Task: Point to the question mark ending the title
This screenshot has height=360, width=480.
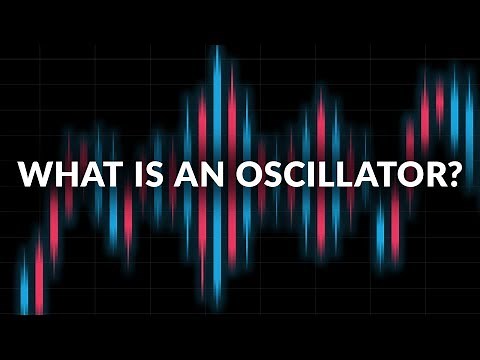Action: tap(453, 175)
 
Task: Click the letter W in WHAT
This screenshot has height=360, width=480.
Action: tap(34, 175)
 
